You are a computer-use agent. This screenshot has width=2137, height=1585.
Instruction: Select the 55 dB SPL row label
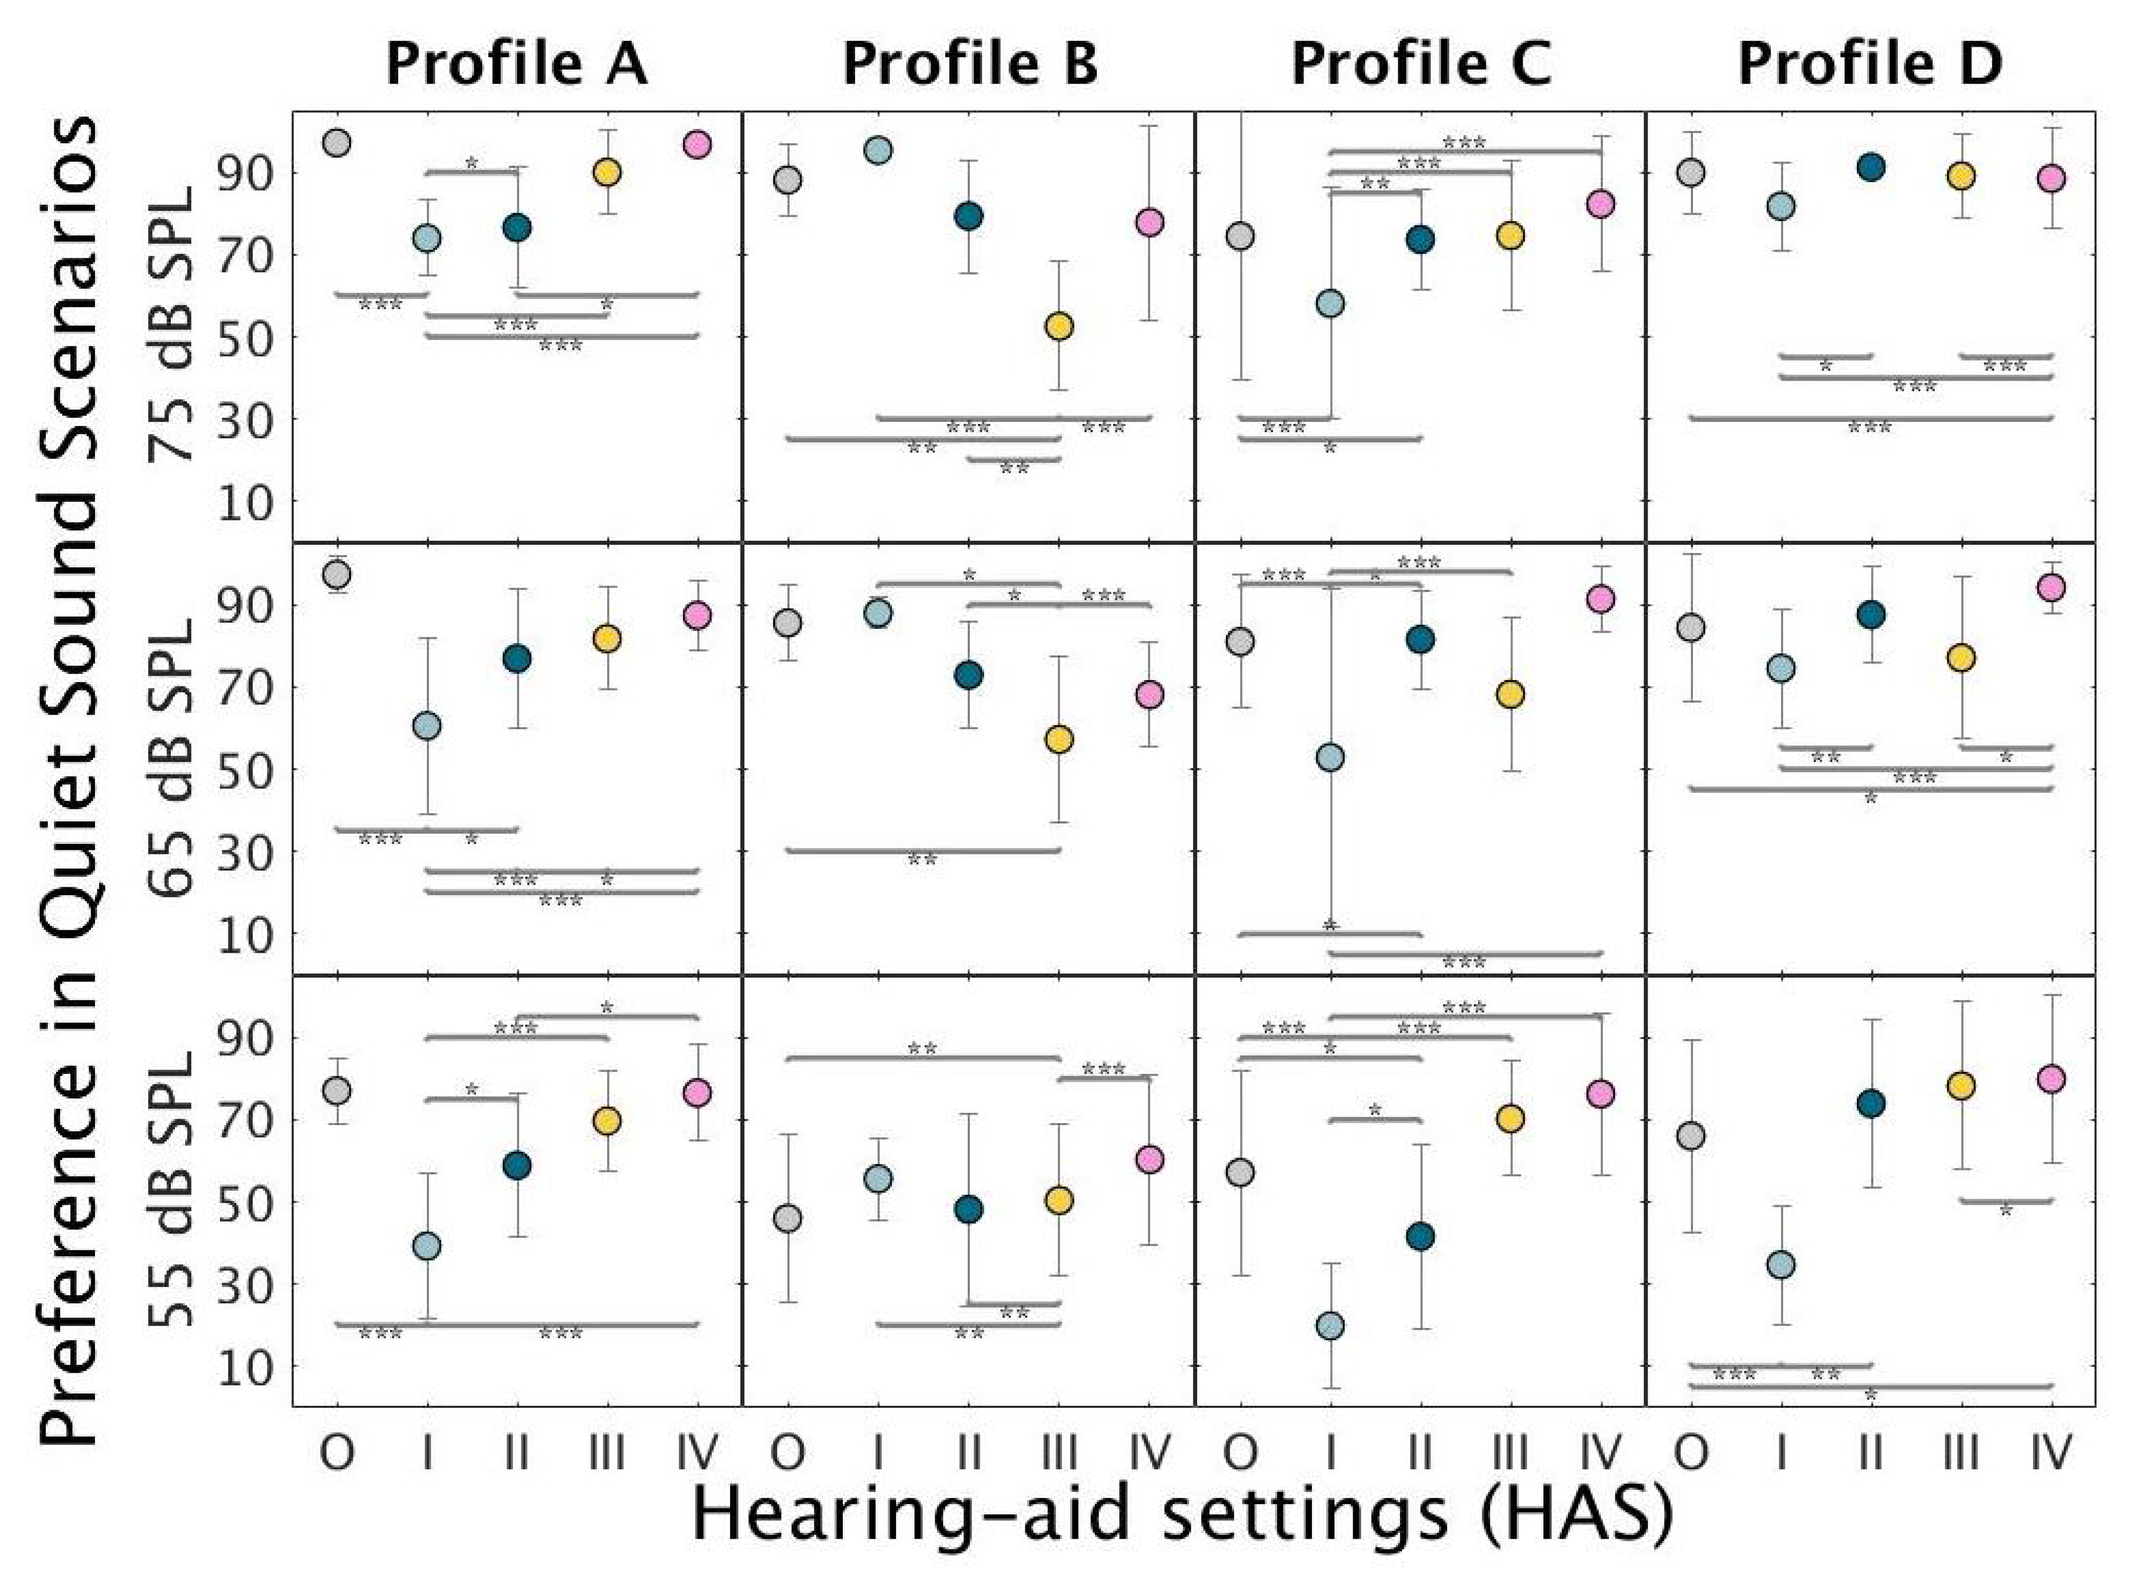point(173,1190)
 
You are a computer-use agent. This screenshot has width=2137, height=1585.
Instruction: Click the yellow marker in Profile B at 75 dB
point(1059,326)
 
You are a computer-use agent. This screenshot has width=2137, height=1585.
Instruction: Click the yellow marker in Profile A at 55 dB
point(607,1121)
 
